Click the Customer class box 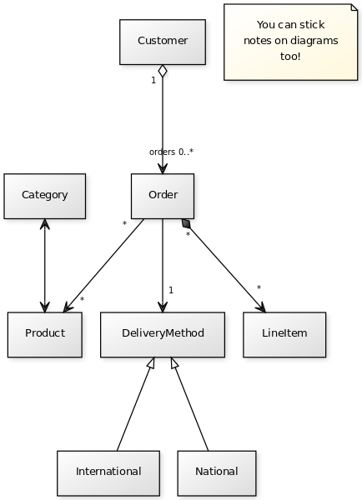click(163, 42)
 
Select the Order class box click(163, 196)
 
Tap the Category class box click(45, 196)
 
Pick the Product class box click(45, 334)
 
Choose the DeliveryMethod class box click(163, 334)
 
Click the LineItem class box click(284, 334)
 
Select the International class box click(108, 473)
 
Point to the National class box click(217, 473)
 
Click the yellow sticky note click(291, 42)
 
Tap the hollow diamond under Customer click(163, 71)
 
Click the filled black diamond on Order click(186, 223)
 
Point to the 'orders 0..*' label click(172, 152)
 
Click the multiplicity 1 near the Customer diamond click(153, 80)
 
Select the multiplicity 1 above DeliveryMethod click(171, 290)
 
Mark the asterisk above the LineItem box click(259, 287)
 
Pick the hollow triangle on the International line click(151, 362)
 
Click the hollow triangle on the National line click(174, 362)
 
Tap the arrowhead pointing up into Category click(45, 224)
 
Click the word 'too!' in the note click(290, 57)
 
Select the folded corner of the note click(354, 7)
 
